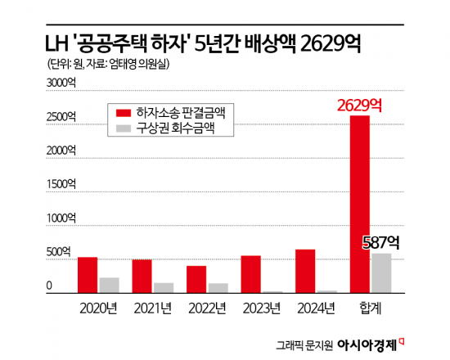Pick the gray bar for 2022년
pos(218,288)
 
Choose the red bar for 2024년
pos(305,271)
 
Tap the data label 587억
pos(380,242)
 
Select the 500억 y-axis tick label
pos(57,253)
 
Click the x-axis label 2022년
pos(207,308)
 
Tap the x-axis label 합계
pos(369,308)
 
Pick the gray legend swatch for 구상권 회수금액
pos(123,128)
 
